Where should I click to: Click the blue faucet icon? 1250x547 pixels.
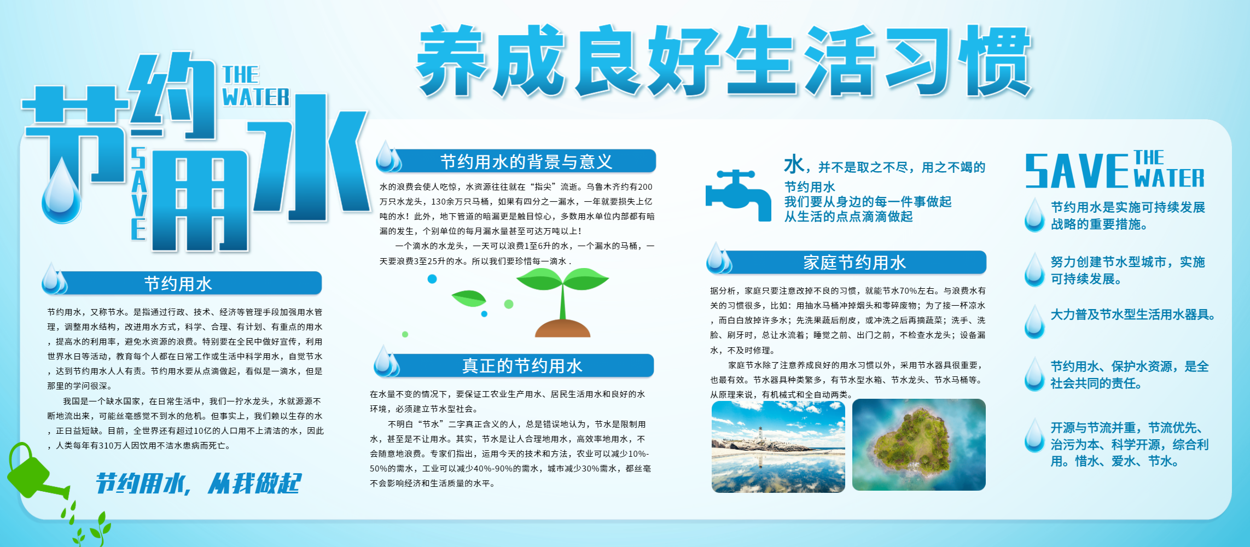click(x=738, y=195)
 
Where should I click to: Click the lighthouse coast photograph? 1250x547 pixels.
click(x=778, y=446)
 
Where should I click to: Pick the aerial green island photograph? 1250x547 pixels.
click(x=919, y=445)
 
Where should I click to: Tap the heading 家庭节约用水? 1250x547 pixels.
click(x=854, y=263)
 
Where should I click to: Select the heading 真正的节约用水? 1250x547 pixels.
click(x=522, y=365)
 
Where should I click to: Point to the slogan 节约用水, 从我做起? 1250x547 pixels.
click(x=198, y=484)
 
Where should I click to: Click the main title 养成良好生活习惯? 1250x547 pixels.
click(x=723, y=61)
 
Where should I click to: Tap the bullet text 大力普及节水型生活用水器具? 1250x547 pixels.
click(x=1132, y=315)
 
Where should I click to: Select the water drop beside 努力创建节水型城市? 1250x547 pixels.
click(x=1034, y=269)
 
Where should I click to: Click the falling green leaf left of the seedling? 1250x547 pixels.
click(x=469, y=298)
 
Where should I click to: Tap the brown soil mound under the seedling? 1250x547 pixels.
click(x=562, y=328)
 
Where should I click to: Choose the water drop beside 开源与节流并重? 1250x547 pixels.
click(x=1034, y=435)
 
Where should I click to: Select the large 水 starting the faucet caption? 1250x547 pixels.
click(x=794, y=164)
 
